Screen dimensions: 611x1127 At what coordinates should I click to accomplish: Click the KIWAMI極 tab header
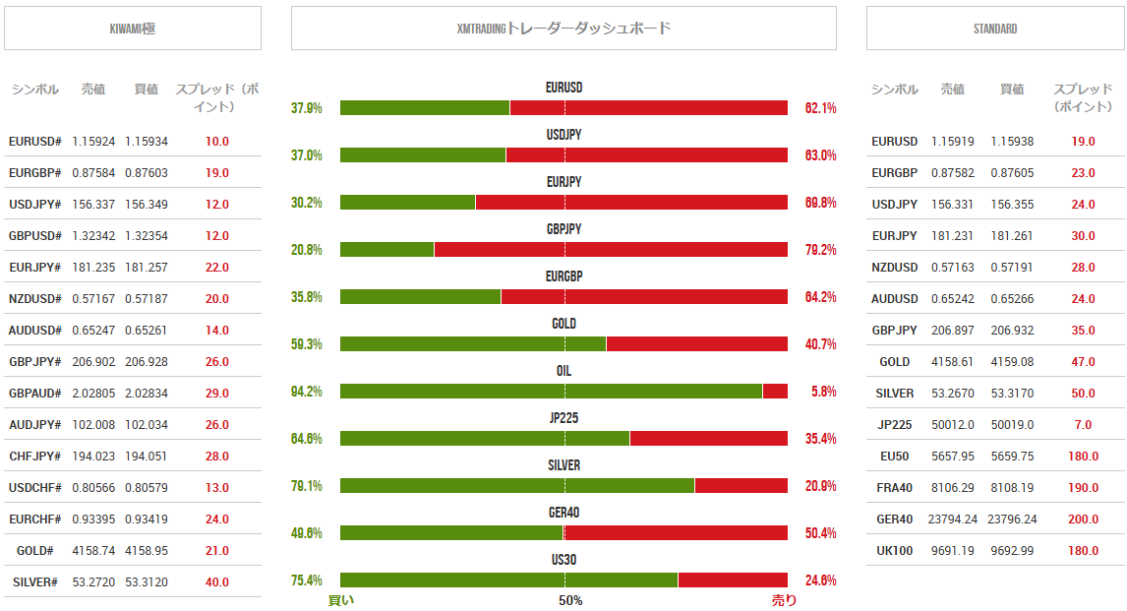coord(133,29)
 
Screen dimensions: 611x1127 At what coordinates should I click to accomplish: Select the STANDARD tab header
coord(994,29)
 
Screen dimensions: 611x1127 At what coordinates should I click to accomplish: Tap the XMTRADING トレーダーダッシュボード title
coord(563,29)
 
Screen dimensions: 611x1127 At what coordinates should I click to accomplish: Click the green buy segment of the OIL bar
coord(551,392)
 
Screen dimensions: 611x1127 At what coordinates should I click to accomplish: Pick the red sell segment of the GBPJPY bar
coord(611,250)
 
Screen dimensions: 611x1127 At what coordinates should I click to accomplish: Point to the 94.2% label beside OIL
coord(307,392)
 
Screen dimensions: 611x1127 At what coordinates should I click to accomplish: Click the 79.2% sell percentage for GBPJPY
coord(820,250)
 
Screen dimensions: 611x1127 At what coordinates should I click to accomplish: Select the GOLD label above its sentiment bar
coord(563,324)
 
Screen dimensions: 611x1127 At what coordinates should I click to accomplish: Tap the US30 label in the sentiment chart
coord(563,560)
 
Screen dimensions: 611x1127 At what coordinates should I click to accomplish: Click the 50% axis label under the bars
coord(570,600)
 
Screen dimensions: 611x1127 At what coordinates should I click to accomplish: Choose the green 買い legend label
coord(341,600)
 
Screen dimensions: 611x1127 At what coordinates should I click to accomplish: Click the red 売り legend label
coord(784,600)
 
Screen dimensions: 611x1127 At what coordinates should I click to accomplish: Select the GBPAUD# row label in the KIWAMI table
coord(35,394)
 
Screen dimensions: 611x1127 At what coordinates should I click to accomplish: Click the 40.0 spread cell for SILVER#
coord(217,582)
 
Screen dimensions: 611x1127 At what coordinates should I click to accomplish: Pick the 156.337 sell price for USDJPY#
coord(93,205)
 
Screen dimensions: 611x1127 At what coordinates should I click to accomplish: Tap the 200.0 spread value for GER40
coord(1083,519)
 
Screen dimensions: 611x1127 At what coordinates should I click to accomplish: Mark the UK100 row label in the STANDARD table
coord(895,551)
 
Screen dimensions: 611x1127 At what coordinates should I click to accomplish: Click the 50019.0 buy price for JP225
coord(1012,425)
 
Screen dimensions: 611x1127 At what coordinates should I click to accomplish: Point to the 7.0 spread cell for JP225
coord(1083,425)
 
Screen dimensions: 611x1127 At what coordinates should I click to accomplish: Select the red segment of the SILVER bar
coord(741,486)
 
